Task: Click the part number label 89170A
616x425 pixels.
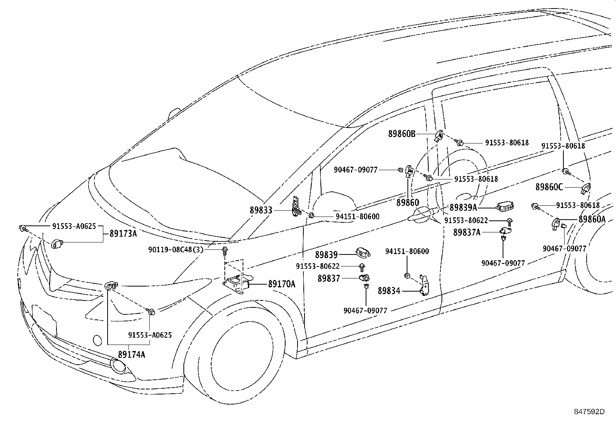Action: (x=282, y=284)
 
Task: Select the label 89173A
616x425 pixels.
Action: (x=123, y=234)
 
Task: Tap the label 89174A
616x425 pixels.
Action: (x=132, y=354)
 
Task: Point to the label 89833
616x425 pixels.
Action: (x=261, y=210)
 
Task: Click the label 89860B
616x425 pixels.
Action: (x=402, y=134)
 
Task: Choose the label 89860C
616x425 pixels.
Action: (x=549, y=187)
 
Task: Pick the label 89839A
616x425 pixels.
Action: (x=464, y=207)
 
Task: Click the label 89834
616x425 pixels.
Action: (x=389, y=290)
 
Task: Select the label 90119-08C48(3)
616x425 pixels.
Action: (x=176, y=249)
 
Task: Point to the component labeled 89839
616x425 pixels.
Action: (x=363, y=253)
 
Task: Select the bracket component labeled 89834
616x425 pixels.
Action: (x=424, y=285)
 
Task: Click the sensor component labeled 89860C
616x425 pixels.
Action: (x=586, y=188)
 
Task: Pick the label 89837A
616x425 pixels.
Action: (x=467, y=232)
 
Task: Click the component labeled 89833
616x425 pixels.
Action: (x=296, y=207)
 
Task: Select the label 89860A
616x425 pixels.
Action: (x=592, y=219)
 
